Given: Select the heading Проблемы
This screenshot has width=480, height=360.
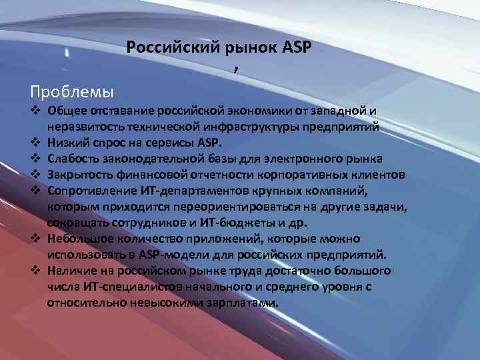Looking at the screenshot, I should tap(72, 89).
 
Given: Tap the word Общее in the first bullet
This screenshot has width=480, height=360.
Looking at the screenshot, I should tap(65, 110).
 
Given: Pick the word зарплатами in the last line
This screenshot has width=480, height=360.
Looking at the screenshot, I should tap(240, 302).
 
